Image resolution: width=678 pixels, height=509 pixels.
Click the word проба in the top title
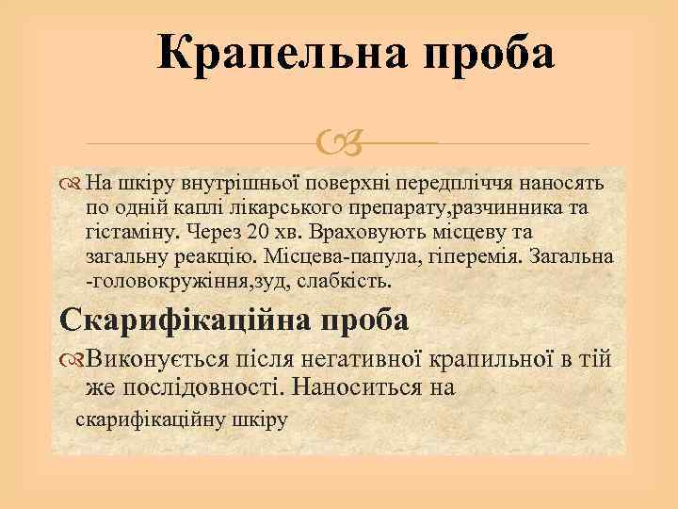tap(491, 54)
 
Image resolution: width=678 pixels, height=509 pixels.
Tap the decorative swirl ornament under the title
tap(339, 143)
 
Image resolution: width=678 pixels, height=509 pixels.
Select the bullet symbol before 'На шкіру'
tap(73, 181)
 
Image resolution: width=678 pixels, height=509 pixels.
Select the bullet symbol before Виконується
tap(73, 359)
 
